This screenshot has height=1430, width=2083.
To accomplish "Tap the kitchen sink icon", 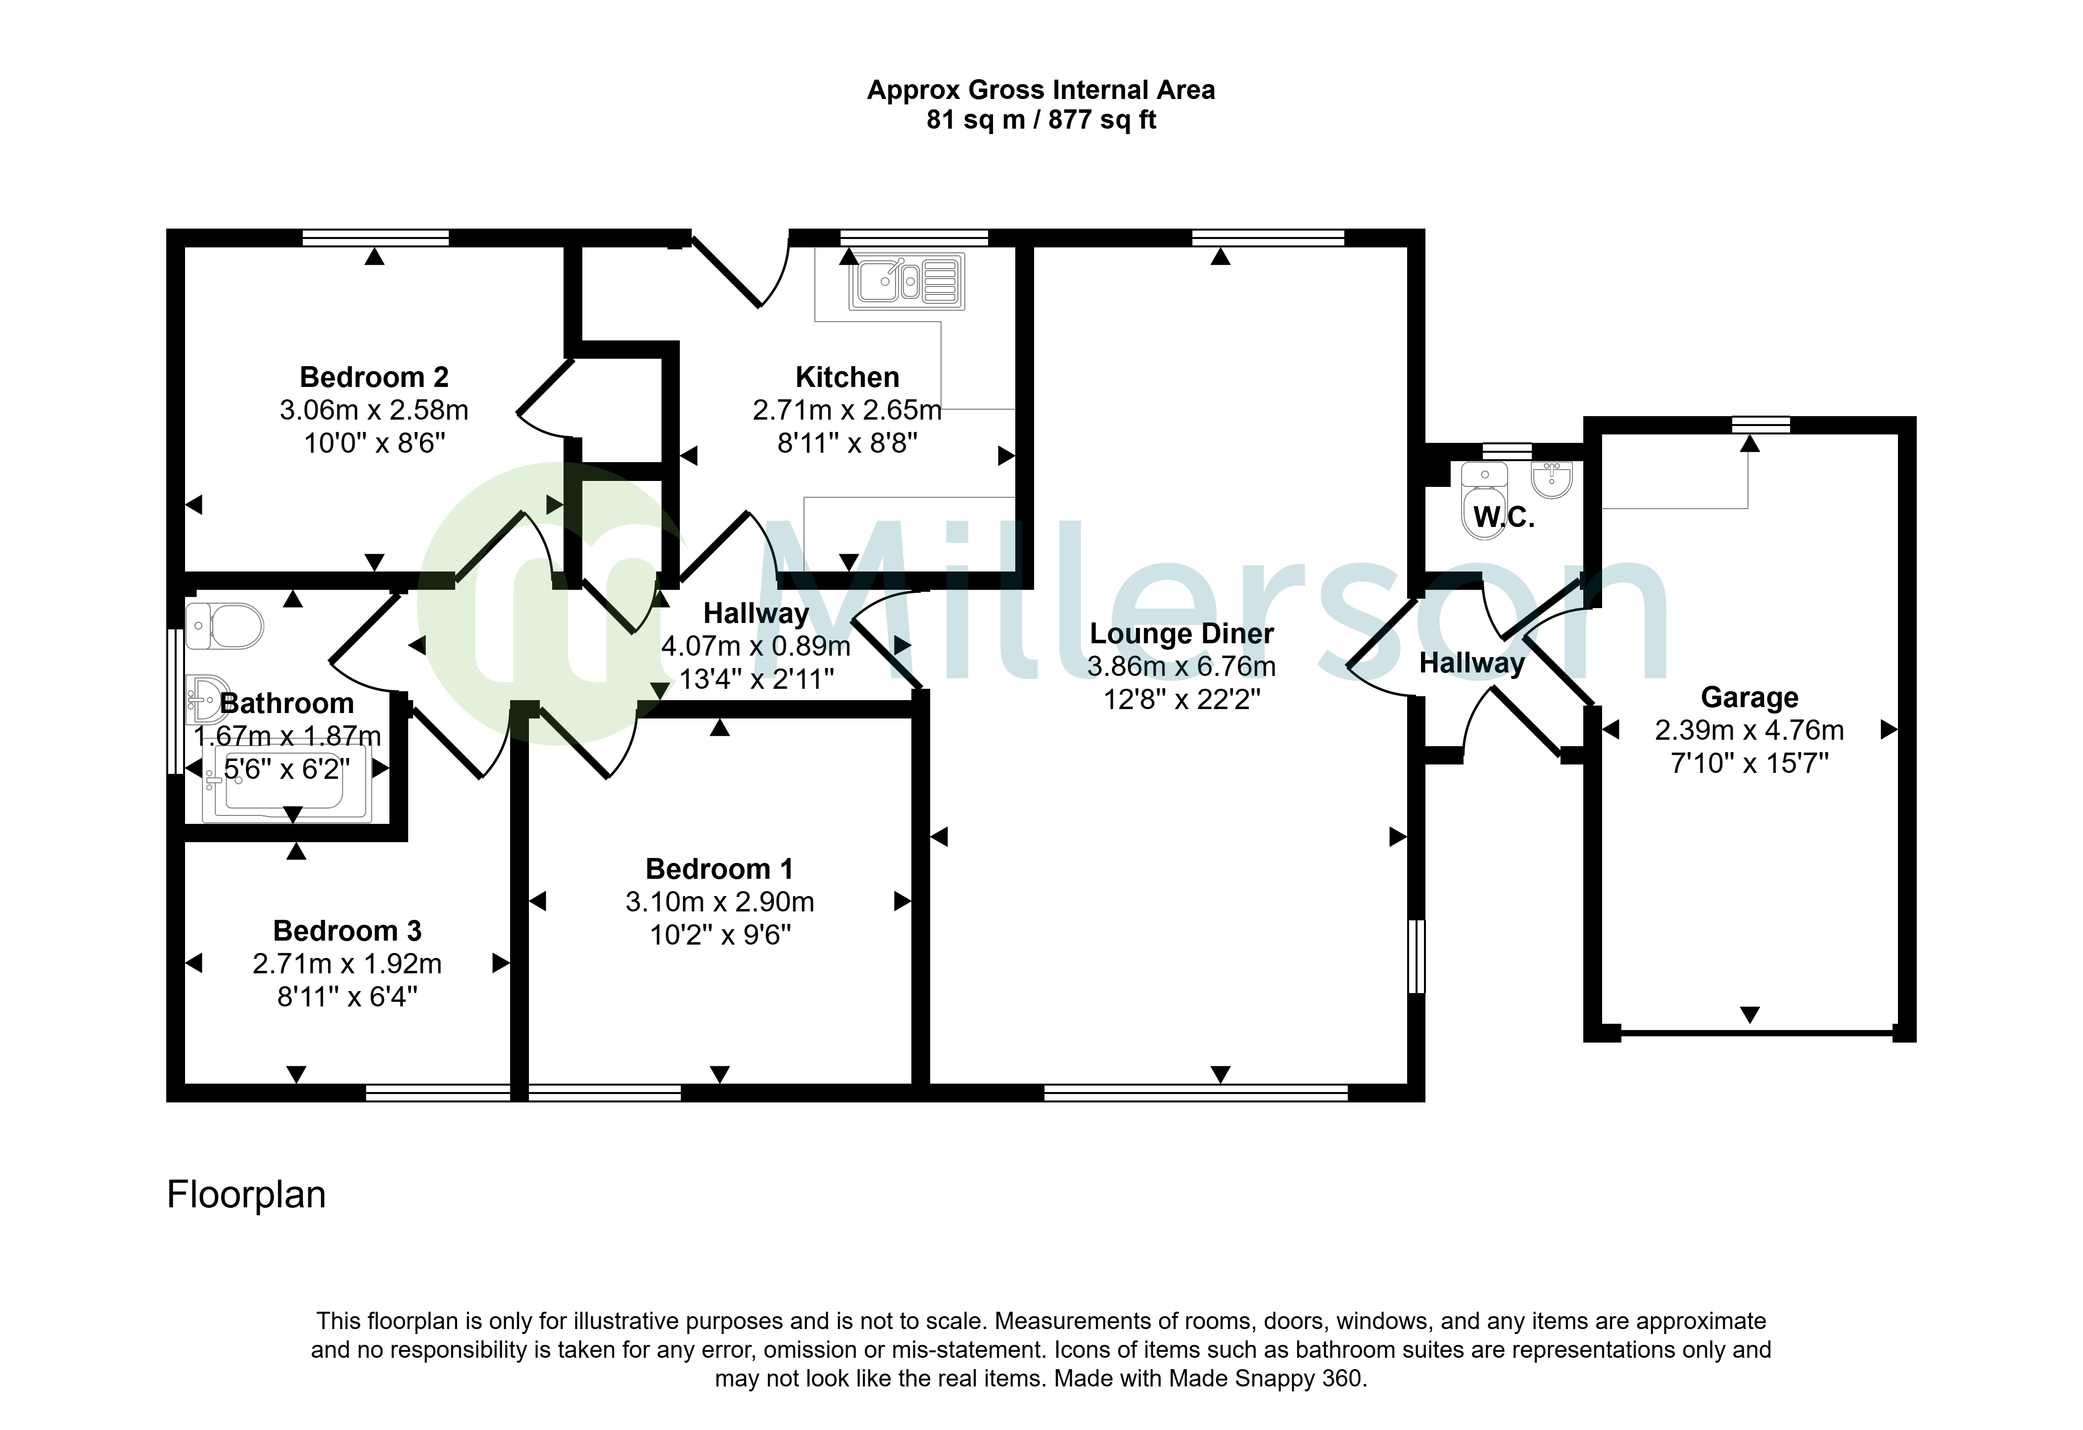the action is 907,282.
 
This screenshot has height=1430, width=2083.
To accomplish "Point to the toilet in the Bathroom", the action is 224,625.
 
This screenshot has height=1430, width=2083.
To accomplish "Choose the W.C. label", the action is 1504,517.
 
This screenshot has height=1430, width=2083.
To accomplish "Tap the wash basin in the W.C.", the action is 1552,479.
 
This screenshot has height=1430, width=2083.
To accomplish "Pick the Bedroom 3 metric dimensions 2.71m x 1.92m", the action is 347,964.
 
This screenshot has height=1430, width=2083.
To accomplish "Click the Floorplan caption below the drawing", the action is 246,1195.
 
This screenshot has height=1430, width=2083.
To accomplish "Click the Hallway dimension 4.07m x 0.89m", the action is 756,646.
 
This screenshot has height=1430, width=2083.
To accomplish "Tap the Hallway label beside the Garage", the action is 1472,664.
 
